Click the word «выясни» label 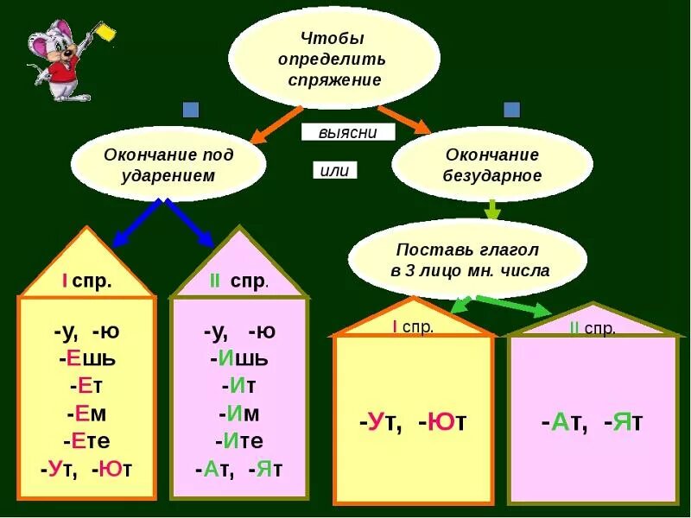point(348,132)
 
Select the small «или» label point(333,170)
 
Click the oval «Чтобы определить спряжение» point(333,60)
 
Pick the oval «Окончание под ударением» point(168,164)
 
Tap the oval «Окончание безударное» point(492,164)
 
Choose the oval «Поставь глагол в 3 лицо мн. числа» point(468,259)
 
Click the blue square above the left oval point(191,110)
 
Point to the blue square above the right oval point(512,110)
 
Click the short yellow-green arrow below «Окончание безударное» point(492,210)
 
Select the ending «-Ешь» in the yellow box point(86,358)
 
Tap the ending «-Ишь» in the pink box point(238,358)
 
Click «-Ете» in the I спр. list point(86,441)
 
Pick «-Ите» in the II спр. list point(238,441)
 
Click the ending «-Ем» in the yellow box point(86,414)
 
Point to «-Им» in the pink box point(238,414)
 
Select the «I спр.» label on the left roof point(86,281)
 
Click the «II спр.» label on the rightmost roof point(593,328)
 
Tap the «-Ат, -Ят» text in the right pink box point(593,422)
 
